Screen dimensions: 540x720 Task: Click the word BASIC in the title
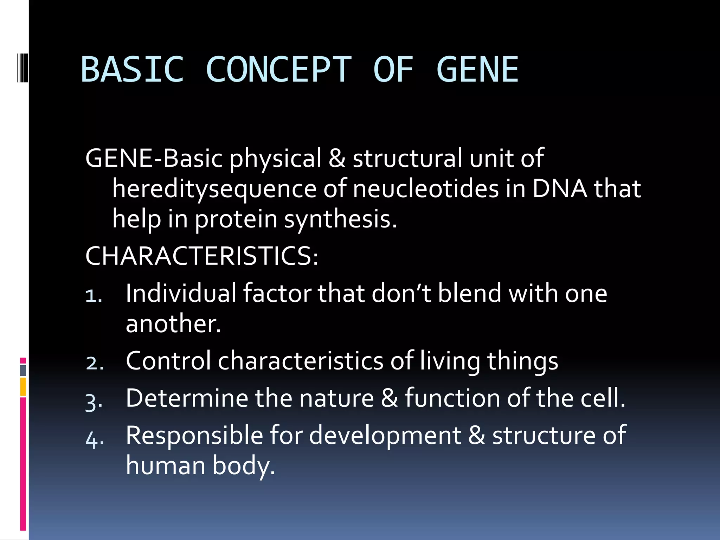point(132,70)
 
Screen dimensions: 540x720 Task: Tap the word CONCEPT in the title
point(278,70)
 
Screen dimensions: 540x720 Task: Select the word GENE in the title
point(477,70)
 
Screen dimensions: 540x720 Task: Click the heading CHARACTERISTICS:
point(201,256)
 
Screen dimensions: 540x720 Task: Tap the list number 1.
point(94,295)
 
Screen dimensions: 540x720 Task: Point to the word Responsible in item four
point(194,435)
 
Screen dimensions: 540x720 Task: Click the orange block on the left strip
point(23,387)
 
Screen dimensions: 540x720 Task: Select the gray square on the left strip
point(23,370)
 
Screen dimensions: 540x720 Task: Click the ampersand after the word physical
point(337,159)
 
